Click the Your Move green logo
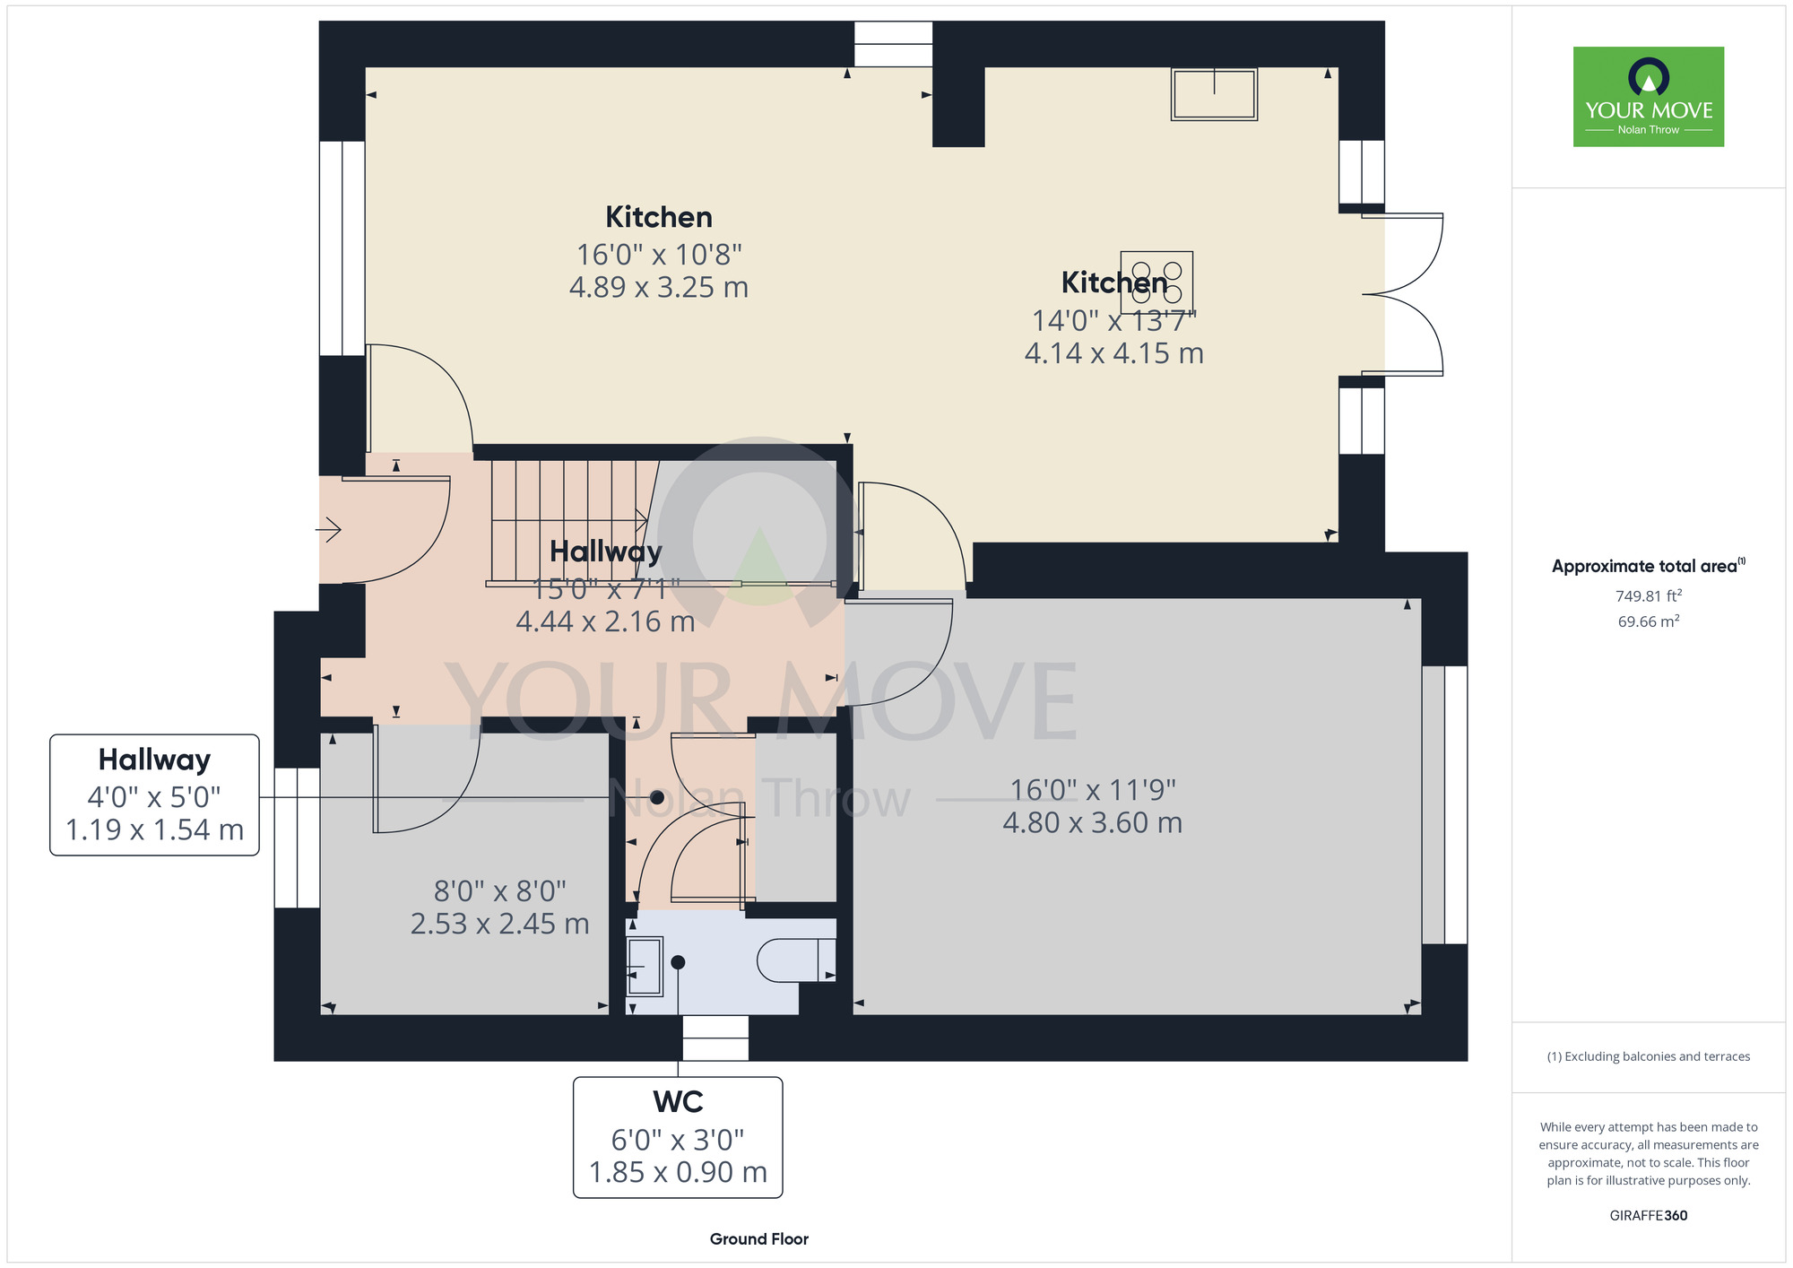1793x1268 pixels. (x=1648, y=97)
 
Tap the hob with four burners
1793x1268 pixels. (x=1156, y=282)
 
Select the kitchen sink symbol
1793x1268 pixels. (x=1214, y=94)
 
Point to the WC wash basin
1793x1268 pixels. (x=644, y=967)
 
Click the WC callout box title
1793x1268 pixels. (x=678, y=1101)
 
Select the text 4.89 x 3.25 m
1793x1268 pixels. (x=658, y=288)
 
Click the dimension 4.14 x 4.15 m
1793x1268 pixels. (x=1113, y=353)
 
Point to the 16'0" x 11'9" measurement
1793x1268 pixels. (x=1092, y=790)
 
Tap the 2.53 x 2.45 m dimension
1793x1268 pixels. (x=499, y=924)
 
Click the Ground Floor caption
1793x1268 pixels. (x=758, y=1238)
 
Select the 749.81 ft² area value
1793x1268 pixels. (x=1648, y=595)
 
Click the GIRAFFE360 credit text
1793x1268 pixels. (x=1648, y=1215)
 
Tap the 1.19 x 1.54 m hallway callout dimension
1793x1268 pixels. (x=154, y=830)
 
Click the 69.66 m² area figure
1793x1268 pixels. (x=1648, y=621)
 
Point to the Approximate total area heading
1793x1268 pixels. (x=1648, y=566)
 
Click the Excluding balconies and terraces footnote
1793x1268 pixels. (x=1648, y=1056)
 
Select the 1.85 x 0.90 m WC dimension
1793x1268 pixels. (x=678, y=1173)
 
